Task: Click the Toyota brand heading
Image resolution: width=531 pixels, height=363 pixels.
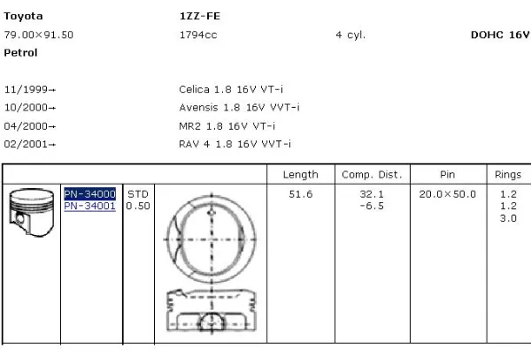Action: point(23,16)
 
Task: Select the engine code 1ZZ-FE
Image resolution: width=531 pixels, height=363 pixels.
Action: point(200,16)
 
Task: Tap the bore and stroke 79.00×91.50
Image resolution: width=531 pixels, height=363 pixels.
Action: point(39,34)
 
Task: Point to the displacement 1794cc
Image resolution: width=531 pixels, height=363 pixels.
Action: point(198,34)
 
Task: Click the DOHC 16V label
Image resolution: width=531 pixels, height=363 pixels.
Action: point(500,34)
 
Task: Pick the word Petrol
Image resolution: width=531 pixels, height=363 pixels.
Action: point(20,53)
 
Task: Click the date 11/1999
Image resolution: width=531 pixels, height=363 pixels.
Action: point(26,89)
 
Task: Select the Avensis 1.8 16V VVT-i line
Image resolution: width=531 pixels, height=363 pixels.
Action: point(239,108)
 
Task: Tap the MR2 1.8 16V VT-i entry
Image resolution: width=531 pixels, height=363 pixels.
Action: point(227,126)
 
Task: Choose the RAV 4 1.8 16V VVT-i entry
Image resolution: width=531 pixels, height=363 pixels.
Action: point(235,144)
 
